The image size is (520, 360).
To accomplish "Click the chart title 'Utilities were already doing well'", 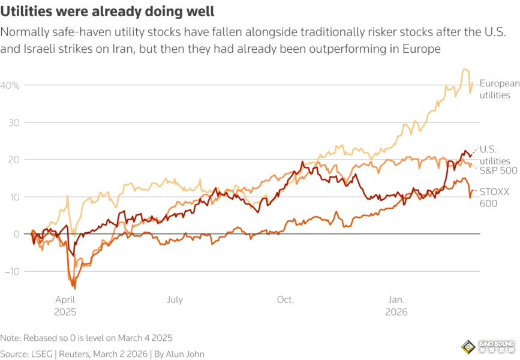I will (108, 11).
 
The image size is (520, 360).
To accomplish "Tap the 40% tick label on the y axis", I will (10, 86).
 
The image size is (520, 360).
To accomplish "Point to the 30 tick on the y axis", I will (13, 123).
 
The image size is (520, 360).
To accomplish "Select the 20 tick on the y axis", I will (13, 160).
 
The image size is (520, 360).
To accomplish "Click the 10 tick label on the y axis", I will (13, 197).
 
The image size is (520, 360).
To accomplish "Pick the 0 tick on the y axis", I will (16, 234).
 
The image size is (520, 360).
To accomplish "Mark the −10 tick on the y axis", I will (11, 271).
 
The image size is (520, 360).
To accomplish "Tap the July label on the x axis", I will (175, 300).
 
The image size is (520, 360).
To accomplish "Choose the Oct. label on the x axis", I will (285, 300).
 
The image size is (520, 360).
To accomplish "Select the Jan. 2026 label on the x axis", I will (396, 306).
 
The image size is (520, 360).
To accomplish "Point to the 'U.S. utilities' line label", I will (495, 155).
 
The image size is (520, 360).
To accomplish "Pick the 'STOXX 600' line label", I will (494, 198).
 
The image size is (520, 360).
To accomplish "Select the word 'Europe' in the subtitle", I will (420, 49).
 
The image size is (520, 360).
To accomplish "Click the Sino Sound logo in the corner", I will (487, 347).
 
